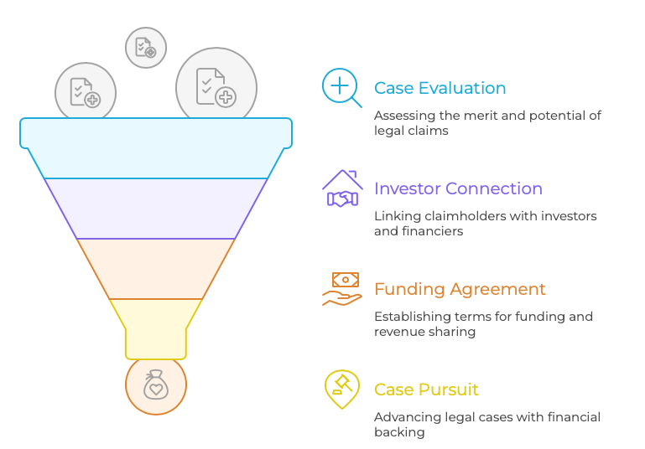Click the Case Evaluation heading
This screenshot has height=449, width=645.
click(440, 88)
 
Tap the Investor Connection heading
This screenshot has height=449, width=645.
click(458, 188)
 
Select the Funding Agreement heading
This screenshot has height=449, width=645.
click(460, 289)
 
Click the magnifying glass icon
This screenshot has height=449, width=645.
click(341, 87)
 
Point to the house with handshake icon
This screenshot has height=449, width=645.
click(342, 188)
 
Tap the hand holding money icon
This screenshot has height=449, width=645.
click(342, 288)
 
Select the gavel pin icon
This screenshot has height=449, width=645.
click(341, 389)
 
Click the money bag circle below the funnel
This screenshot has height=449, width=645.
click(155, 386)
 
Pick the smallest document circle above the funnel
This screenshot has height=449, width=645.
click(146, 47)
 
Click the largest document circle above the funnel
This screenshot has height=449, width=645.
click(216, 87)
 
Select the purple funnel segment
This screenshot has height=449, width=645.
click(156, 209)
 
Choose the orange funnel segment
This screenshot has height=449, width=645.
click(156, 269)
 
